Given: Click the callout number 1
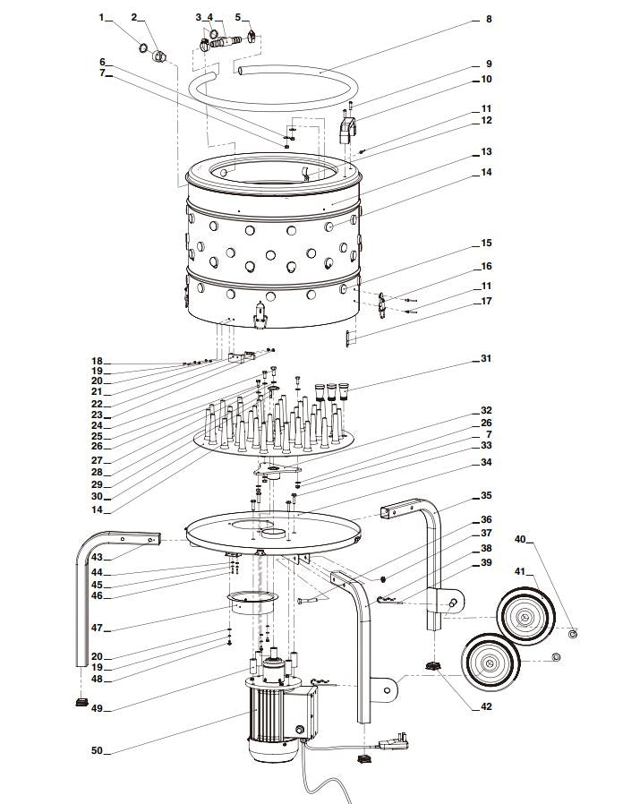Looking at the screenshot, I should click(101, 17).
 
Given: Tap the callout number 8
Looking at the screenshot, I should click(488, 19).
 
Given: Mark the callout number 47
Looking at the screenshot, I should click(96, 629).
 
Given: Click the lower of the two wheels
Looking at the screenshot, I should click(491, 663).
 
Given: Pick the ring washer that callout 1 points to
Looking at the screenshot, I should click(144, 47).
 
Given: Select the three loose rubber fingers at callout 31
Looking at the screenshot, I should click(330, 391).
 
